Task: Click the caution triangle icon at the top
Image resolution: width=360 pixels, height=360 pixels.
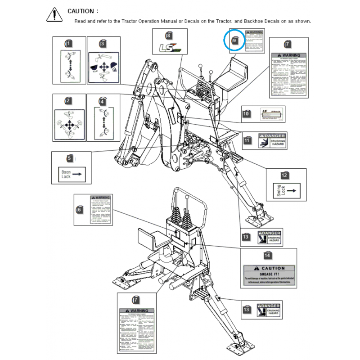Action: [x=54, y=14]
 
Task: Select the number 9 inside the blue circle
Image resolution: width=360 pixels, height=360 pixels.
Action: [x=234, y=40]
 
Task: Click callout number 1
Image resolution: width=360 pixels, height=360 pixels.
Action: [x=68, y=44]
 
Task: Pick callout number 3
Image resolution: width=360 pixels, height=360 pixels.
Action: [x=103, y=44]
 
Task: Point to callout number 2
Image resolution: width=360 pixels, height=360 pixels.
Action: [x=68, y=101]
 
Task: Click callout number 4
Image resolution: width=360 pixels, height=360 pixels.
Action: [x=102, y=101]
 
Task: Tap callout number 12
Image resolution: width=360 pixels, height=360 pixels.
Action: [x=284, y=175]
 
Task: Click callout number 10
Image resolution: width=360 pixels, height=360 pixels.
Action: [x=246, y=114]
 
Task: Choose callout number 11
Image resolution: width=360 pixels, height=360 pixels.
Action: [x=247, y=140]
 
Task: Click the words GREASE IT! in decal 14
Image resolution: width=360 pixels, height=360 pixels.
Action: [x=270, y=274]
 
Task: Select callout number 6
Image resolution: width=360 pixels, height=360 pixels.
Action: [x=79, y=209]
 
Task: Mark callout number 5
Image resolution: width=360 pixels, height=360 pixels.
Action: [x=69, y=158]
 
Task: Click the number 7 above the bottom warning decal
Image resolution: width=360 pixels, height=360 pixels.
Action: [x=136, y=300]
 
